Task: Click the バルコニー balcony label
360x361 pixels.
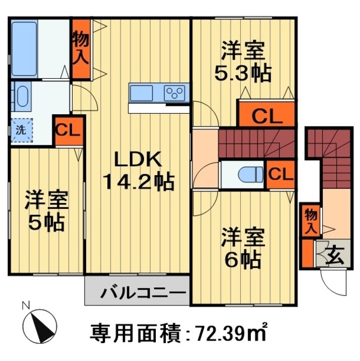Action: pyautogui.click(x=143, y=293)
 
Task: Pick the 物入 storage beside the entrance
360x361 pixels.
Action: pyautogui.click(x=310, y=220)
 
